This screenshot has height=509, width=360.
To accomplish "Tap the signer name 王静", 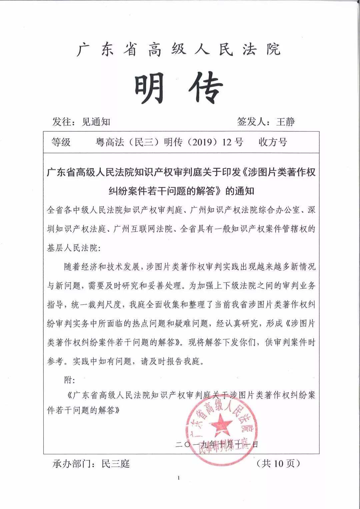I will pos(285,122).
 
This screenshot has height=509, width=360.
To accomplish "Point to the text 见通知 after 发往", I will pos(96,122).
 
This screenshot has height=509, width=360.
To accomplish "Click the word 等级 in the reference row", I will pos(61,142).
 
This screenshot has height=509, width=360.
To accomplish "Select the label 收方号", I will pos(273,142).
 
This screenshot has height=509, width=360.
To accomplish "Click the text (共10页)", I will pos(278,463).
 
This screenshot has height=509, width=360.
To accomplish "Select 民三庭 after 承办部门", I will pos(116,464).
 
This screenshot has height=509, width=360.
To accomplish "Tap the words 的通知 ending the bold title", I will pos(240,191).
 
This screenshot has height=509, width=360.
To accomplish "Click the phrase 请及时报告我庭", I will pos(172,361).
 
